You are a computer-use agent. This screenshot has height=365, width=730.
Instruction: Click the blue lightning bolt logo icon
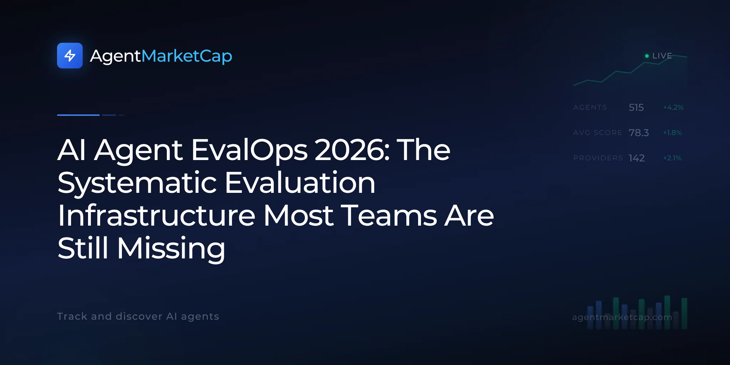70,56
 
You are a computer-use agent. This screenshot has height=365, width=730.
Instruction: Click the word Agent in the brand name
115,56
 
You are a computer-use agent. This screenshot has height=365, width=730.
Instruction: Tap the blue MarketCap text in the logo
187,56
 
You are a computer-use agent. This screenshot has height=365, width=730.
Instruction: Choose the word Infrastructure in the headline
156,215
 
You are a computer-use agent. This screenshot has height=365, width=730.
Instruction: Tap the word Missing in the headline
171,249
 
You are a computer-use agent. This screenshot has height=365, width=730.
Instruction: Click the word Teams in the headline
389,216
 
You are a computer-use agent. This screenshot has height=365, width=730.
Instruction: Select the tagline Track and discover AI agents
138,316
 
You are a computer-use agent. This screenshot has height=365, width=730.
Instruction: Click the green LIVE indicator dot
647,56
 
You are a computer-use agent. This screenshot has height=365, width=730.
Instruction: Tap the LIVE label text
662,56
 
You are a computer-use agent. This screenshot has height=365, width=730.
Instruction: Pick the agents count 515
636,107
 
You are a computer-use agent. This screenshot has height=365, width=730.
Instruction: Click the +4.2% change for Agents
673,107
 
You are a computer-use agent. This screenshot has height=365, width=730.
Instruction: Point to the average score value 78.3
639,133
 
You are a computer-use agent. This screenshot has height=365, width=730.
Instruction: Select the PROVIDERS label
598,158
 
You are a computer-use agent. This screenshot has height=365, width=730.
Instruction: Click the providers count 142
637,158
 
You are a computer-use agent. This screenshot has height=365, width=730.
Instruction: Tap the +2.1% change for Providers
672,158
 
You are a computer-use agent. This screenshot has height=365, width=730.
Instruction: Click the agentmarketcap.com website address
622,317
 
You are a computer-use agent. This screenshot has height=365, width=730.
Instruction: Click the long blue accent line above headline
78,115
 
